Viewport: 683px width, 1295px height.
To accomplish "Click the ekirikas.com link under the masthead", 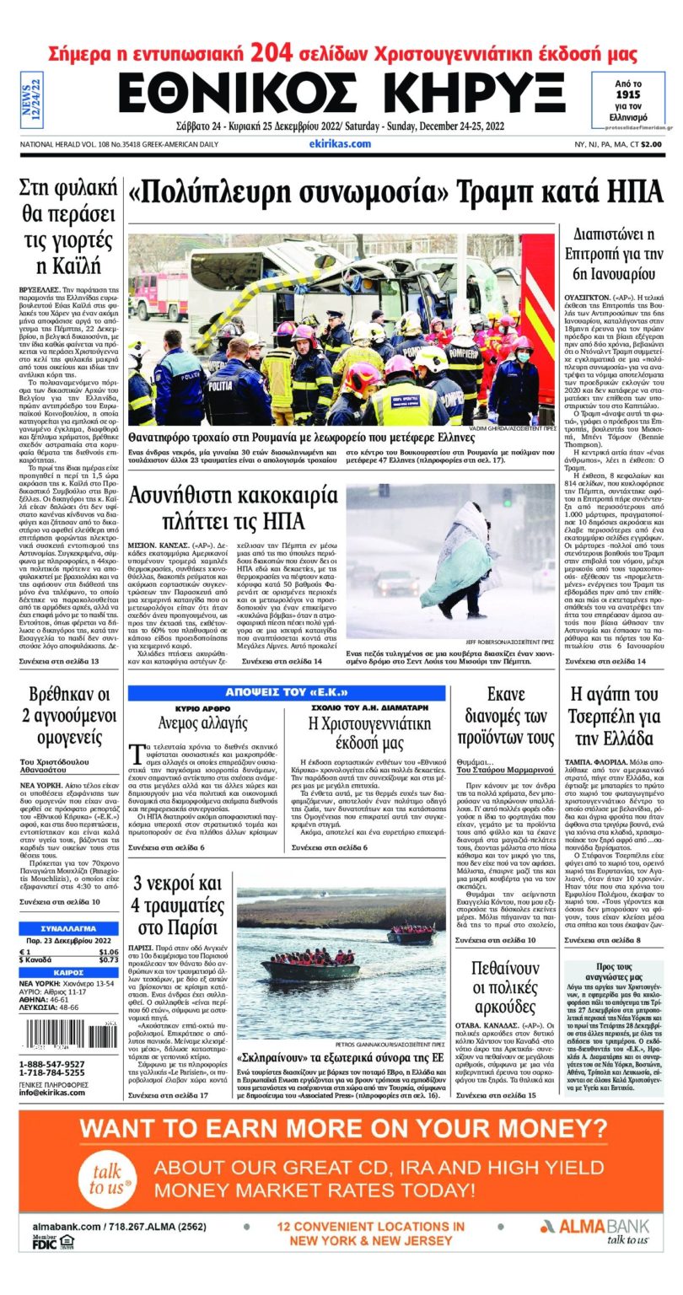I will (340, 144).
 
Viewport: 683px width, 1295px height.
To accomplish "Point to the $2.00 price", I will (650, 144).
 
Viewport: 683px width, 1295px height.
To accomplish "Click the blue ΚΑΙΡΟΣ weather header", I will (68, 972).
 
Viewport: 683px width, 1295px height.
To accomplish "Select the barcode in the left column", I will (68, 1034).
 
